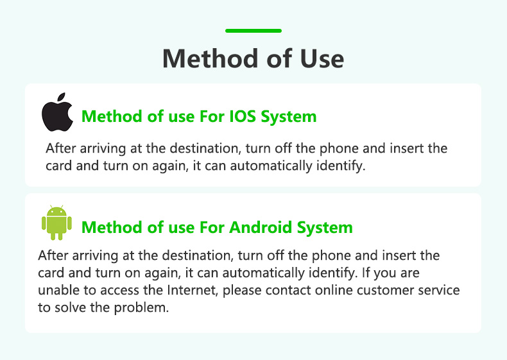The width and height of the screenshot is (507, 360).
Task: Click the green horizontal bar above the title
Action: (253, 31)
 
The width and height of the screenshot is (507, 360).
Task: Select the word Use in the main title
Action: (322, 58)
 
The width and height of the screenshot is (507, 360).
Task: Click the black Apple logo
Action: (58, 112)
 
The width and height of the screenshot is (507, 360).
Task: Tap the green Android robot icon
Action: (56, 222)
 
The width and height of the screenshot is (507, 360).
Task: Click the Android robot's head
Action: (56, 212)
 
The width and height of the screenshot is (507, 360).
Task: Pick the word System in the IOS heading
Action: (289, 117)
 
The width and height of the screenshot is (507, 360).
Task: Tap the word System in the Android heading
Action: (325, 228)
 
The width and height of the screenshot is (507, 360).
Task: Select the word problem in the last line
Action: (141, 307)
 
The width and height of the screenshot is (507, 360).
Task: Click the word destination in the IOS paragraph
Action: (205, 148)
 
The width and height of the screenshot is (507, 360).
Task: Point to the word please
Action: (242, 291)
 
